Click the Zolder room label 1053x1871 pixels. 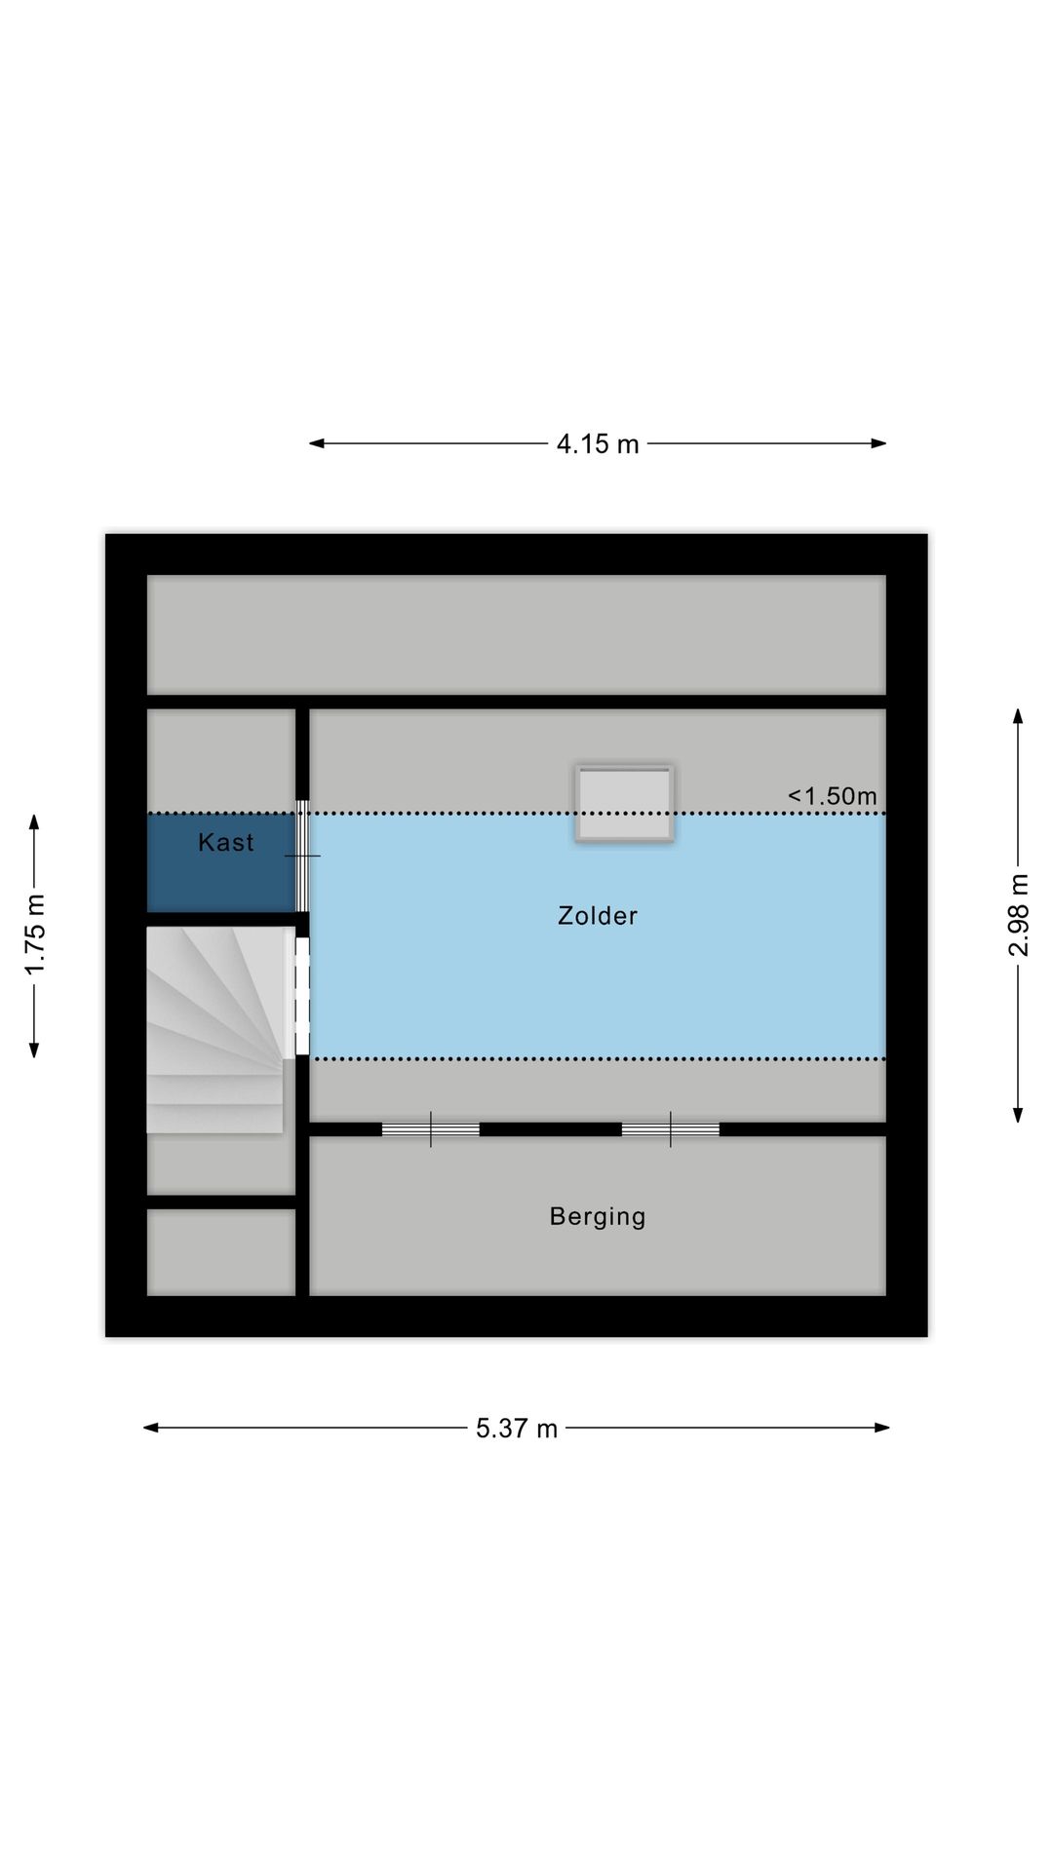(x=597, y=916)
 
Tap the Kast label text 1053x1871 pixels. (x=225, y=843)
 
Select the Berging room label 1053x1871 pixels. (x=597, y=1217)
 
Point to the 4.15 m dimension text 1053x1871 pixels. (x=598, y=444)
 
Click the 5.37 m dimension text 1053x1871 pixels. (x=517, y=1429)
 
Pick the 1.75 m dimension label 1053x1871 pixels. (x=35, y=934)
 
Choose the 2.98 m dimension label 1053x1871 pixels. (x=1018, y=915)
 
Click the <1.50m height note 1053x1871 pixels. (x=832, y=796)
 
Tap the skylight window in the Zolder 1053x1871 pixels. (x=624, y=803)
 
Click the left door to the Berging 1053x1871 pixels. (x=430, y=1129)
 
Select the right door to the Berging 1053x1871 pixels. (x=670, y=1129)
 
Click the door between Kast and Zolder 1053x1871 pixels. (x=302, y=856)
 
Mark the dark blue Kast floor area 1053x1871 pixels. (x=221, y=863)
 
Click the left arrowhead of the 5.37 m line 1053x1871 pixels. (x=151, y=1428)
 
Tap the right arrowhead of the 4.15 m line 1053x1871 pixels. (x=878, y=443)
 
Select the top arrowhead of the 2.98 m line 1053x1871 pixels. (x=1018, y=716)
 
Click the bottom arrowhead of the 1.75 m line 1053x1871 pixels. (x=34, y=1050)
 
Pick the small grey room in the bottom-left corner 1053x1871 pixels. (x=221, y=1252)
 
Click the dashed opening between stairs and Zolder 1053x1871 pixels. (x=302, y=996)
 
